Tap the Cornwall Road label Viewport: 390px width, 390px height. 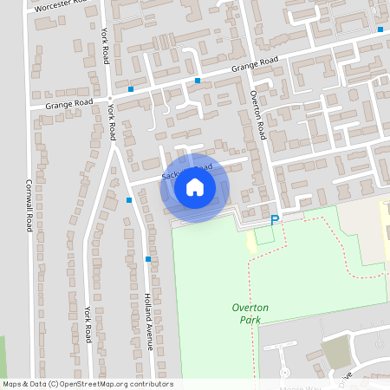click(x=29, y=205)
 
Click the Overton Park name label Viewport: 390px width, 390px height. click(x=250, y=314)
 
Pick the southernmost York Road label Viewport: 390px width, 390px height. click(x=88, y=323)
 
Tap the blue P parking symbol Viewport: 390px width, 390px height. click(x=276, y=221)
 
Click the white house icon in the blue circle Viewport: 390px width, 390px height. click(x=194, y=187)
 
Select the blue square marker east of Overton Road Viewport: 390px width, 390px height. click(x=380, y=29)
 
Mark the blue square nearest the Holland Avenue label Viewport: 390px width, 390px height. click(x=148, y=258)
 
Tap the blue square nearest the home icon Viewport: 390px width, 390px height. click(x=129, y=200)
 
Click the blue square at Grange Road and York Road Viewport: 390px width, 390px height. click(x=130, y=89)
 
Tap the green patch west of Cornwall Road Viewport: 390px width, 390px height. click(x=3, y=355)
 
